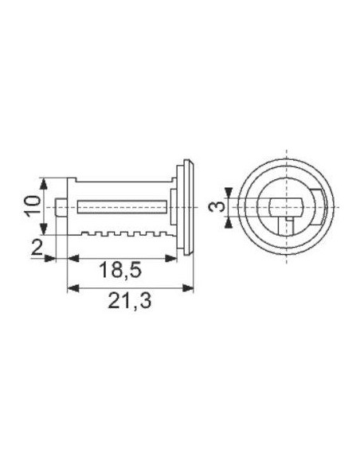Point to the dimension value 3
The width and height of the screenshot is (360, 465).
point(213,209)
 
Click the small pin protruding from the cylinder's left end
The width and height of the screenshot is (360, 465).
point(61,207)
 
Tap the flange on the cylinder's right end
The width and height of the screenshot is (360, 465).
point(186,207)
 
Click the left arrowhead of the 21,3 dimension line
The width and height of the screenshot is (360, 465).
point(71,287)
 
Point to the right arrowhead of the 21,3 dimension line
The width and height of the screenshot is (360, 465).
point(190,287)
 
